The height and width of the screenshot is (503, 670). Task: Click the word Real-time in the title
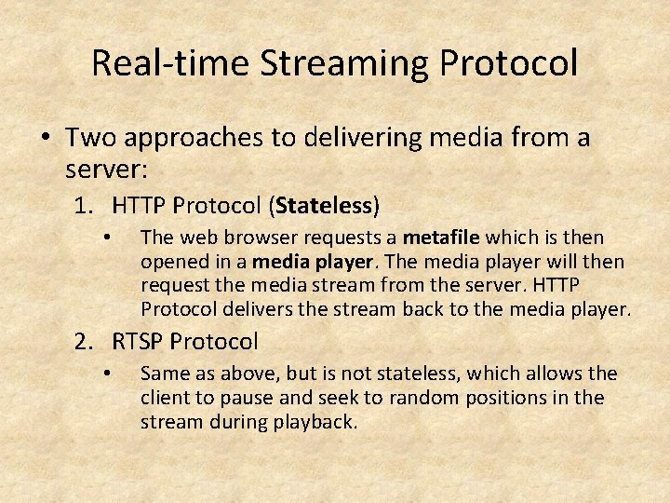(x=170, y=62)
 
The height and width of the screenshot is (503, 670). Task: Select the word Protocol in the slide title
(x=510, y=62)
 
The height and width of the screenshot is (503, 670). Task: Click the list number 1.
(x=84, y=204)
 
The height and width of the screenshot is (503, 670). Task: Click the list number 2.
(x=84, y=341)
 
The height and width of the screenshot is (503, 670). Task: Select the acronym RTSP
(x=141, y=341)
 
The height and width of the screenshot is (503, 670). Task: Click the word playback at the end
(x=318, y=421)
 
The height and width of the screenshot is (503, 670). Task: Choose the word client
(x=164, y=398)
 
